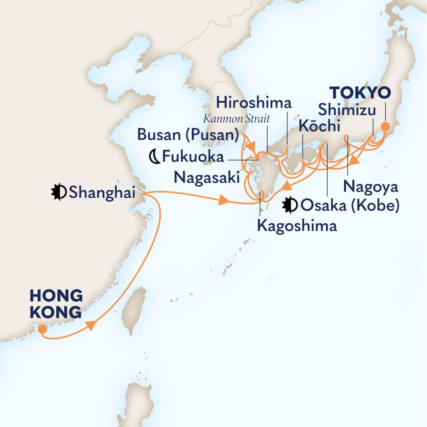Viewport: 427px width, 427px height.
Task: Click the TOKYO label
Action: tap(359, 93)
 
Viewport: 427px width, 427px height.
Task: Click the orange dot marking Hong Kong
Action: tap(42, 329)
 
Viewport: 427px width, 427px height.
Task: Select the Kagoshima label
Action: tap(296, 226)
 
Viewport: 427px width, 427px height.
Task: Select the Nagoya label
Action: tap(371, 186)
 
